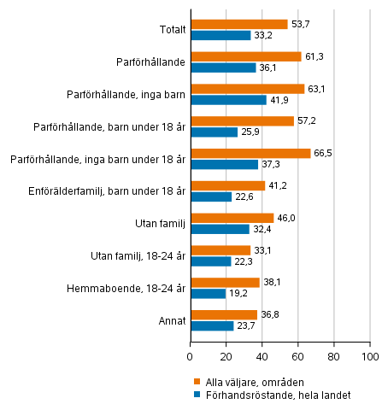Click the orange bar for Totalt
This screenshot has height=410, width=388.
click(x=238, y=24)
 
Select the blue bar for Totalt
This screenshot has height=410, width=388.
click(x=220, y=35)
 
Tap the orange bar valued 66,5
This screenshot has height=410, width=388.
click(x=250, y=153)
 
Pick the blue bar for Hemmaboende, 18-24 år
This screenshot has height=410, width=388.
click(x=208, y=293)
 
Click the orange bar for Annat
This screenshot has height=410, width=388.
click(x=223, y=314)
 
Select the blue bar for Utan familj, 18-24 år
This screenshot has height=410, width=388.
click(x=210, y=261)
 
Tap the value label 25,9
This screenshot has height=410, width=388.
click(x=250, y=132)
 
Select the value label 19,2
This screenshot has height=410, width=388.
click(x=238, y=294)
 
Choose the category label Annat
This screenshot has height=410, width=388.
click(x=171, y=320)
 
